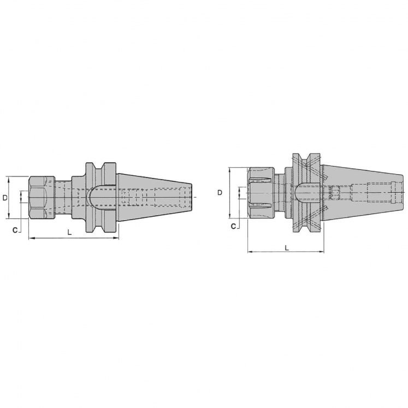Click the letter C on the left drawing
point(15,229)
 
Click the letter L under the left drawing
point(69,232)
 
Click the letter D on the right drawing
point(220,192)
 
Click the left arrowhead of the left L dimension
point(29,239)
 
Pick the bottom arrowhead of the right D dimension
point(230,216)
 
